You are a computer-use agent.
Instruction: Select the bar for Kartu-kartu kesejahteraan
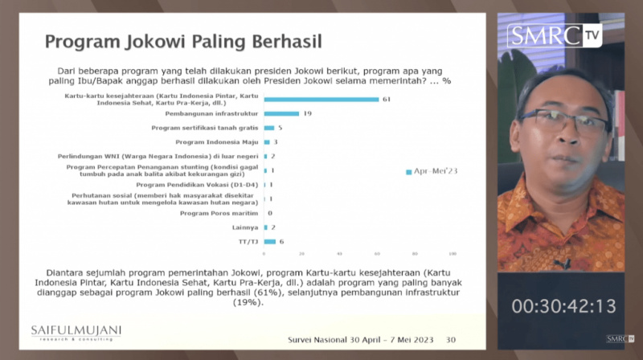click(321, 99)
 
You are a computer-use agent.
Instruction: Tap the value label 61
click(386, 99)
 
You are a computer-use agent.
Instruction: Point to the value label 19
click(307, 113)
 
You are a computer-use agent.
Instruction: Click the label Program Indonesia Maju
click(217, 142)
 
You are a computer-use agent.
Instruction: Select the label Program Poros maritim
click(219, 213)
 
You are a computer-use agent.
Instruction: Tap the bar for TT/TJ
click(269, 241)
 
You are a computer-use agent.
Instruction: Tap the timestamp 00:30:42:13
click(564, 305)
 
